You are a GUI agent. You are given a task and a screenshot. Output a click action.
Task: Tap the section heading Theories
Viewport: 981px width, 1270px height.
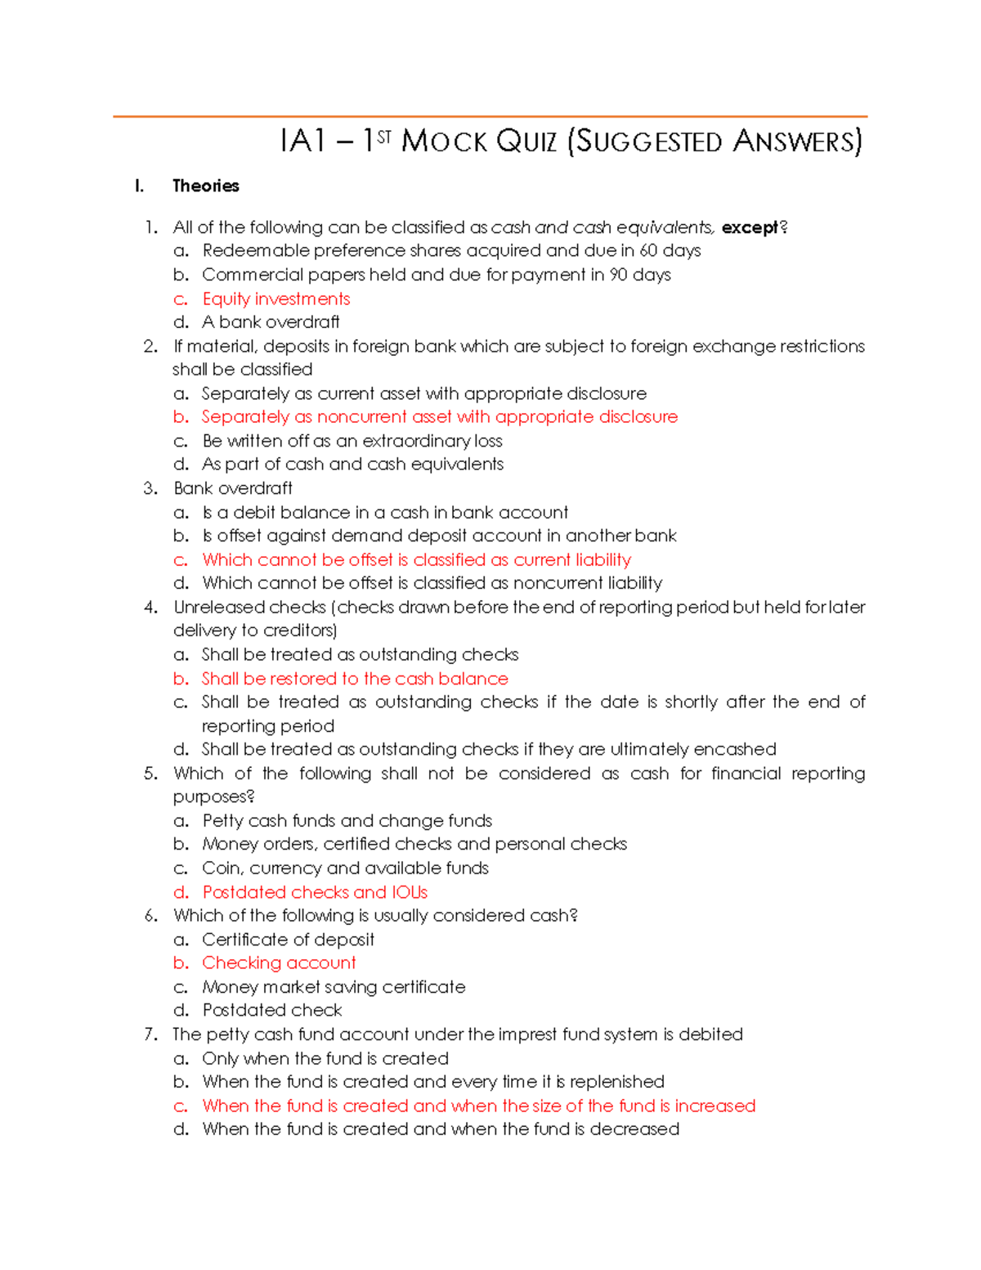[205, 186]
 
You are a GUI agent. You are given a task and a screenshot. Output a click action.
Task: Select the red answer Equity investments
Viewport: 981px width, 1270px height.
[276, 298]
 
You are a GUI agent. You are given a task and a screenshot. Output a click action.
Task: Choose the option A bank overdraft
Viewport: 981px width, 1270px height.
[271, 322]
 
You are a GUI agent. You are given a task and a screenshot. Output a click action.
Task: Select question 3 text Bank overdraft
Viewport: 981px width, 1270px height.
[233, 488]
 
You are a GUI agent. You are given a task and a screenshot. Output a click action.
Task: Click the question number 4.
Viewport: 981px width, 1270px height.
[150, 607]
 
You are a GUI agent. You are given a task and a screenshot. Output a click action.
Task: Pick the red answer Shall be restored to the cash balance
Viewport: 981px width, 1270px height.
[355, 679]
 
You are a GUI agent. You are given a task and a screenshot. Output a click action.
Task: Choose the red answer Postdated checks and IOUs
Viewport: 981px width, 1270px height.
[315, 892]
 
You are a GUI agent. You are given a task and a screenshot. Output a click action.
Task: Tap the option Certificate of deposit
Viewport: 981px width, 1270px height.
[288, 940]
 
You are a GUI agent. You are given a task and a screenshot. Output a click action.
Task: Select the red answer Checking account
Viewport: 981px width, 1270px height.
[279, 963]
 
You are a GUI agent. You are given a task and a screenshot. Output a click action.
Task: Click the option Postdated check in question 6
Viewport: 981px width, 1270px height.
[272, 1011]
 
